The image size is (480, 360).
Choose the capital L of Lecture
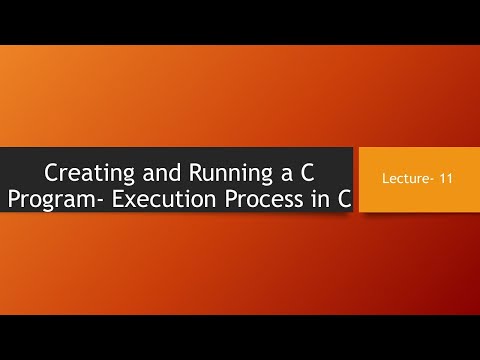click(x=384, y=181)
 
